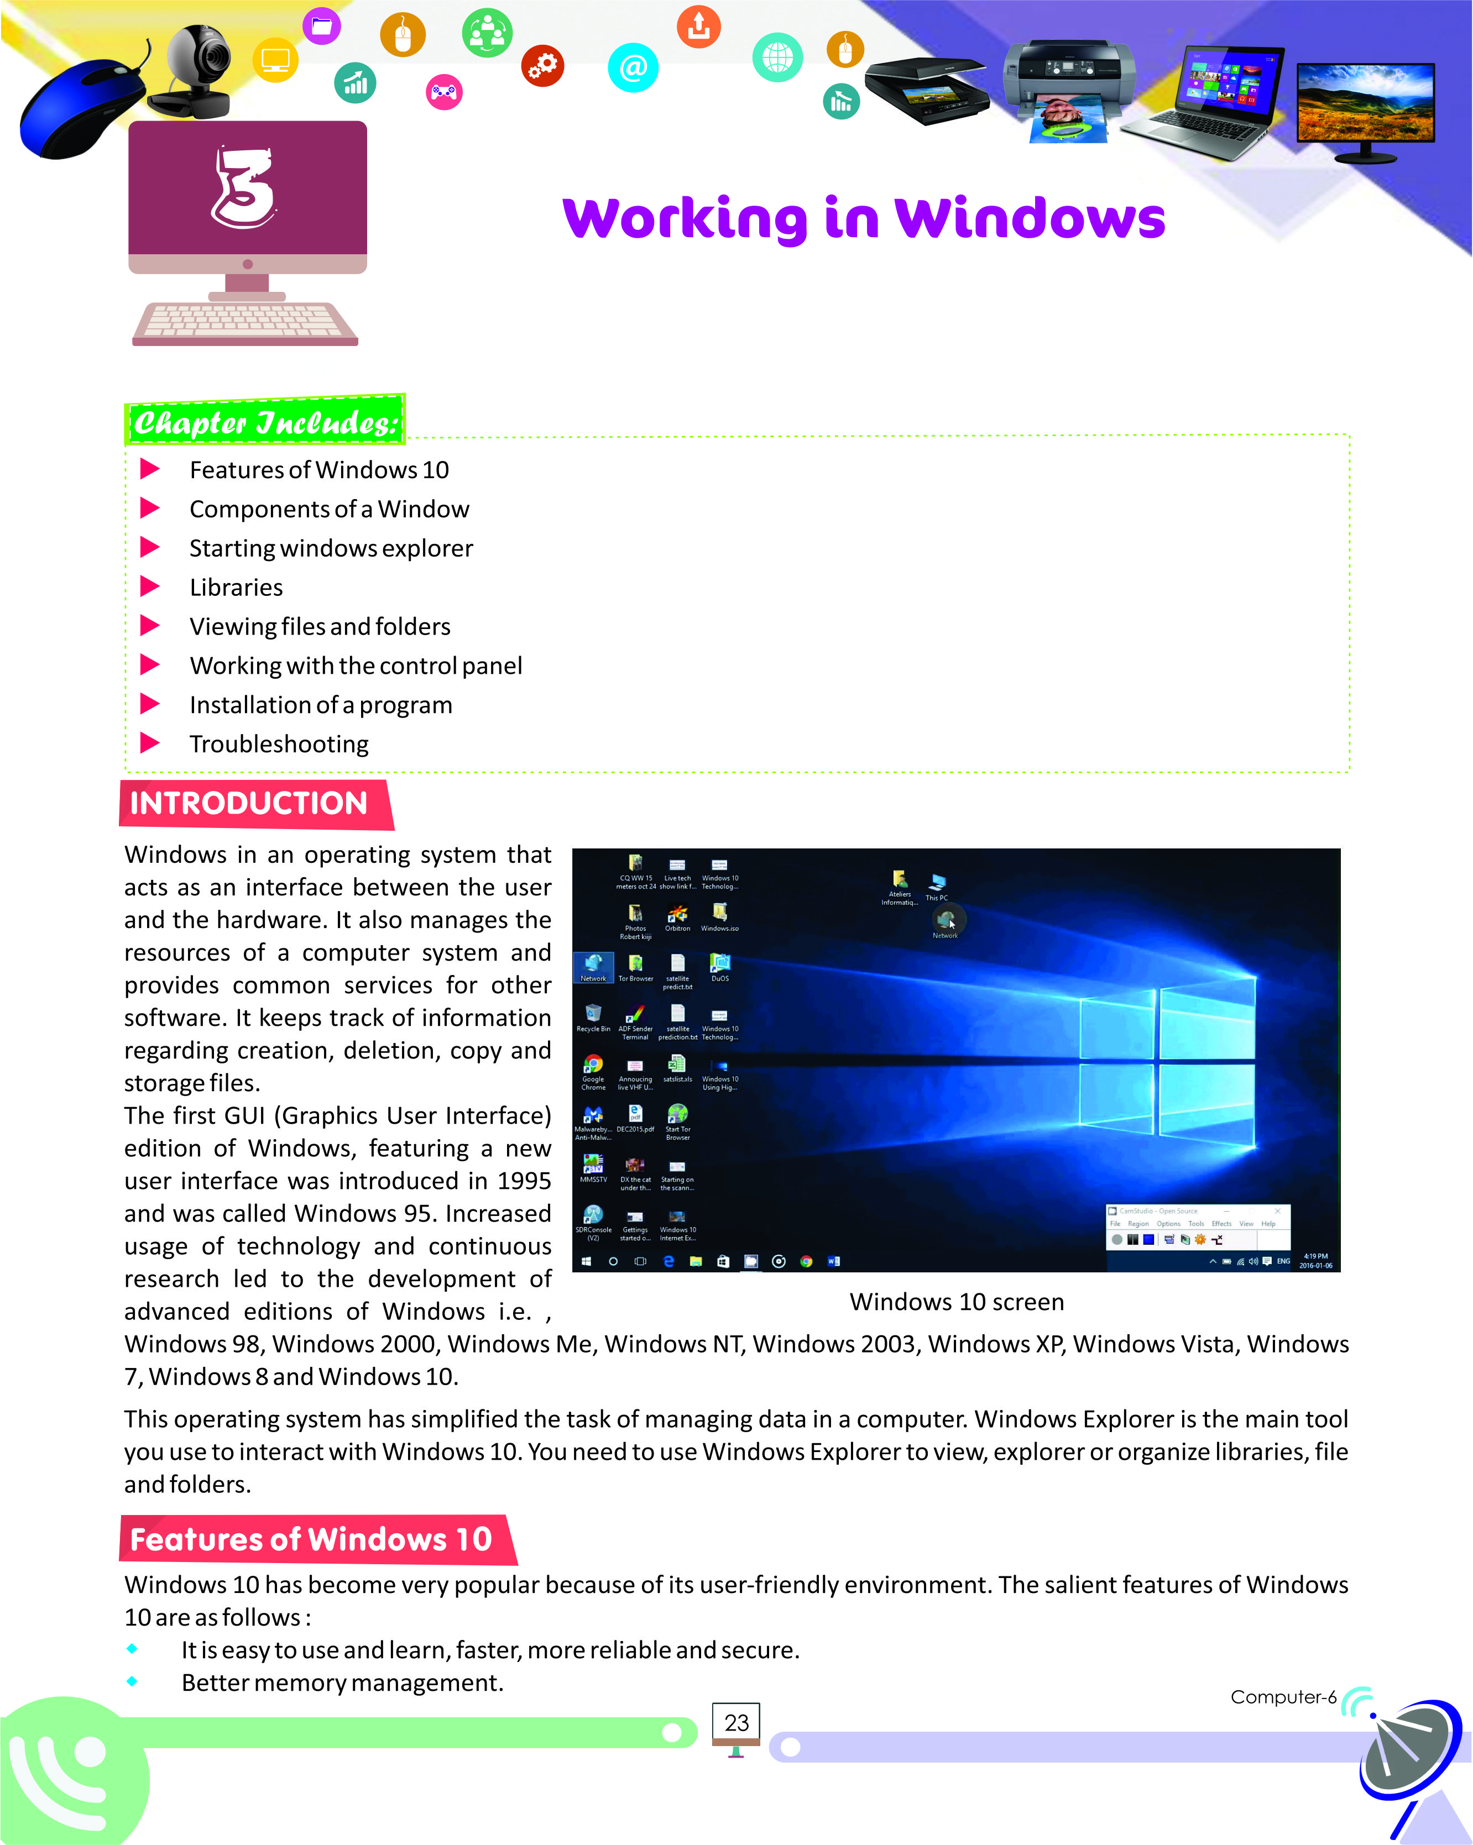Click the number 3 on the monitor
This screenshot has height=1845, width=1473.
pos(245,188)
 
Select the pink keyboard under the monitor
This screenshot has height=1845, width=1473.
pos(245,323)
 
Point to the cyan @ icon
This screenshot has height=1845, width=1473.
pos(633,67)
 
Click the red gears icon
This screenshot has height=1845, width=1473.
pos(542,65)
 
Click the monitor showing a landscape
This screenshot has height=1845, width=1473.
pos(1365,107)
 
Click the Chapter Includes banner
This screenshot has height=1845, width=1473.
pos(265,422)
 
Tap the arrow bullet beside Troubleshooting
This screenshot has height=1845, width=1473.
pos(150,743)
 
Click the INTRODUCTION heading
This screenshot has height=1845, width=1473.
pos(249,804)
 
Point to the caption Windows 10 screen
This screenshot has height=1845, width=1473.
pos(956,1302)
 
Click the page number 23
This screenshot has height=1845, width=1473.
pos(736,1723)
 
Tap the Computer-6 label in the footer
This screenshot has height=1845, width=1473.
pos(1282,1697)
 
